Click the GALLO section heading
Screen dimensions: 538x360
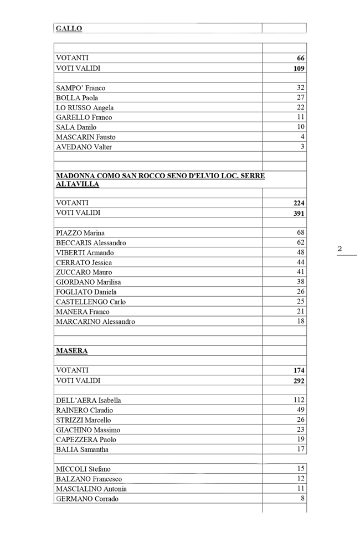[69, 29]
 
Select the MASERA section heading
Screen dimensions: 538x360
[71, 351]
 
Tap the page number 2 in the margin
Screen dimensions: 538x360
[340, 249]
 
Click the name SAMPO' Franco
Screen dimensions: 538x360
[80, 88]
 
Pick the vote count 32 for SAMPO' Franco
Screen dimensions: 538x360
[300, 88]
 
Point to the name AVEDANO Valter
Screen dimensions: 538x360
[84, 147]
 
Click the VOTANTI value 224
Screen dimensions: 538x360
[299, 203]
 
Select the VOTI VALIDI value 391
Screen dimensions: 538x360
[299, 213]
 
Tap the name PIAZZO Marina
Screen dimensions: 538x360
[80, 233]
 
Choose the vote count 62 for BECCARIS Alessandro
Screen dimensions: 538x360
[300, 242]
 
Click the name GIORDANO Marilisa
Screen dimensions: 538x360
[89, 282]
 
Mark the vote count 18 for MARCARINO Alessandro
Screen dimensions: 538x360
[300, 322]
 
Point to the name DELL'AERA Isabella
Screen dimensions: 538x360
[89, 400]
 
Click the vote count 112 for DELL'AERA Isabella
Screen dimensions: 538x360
[299, 400]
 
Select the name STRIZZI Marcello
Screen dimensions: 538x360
[83, 420]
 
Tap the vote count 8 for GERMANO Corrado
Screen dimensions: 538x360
[302, 499]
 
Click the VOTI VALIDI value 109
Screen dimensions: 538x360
[299, 69]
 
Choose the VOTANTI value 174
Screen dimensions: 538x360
[299, 370]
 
